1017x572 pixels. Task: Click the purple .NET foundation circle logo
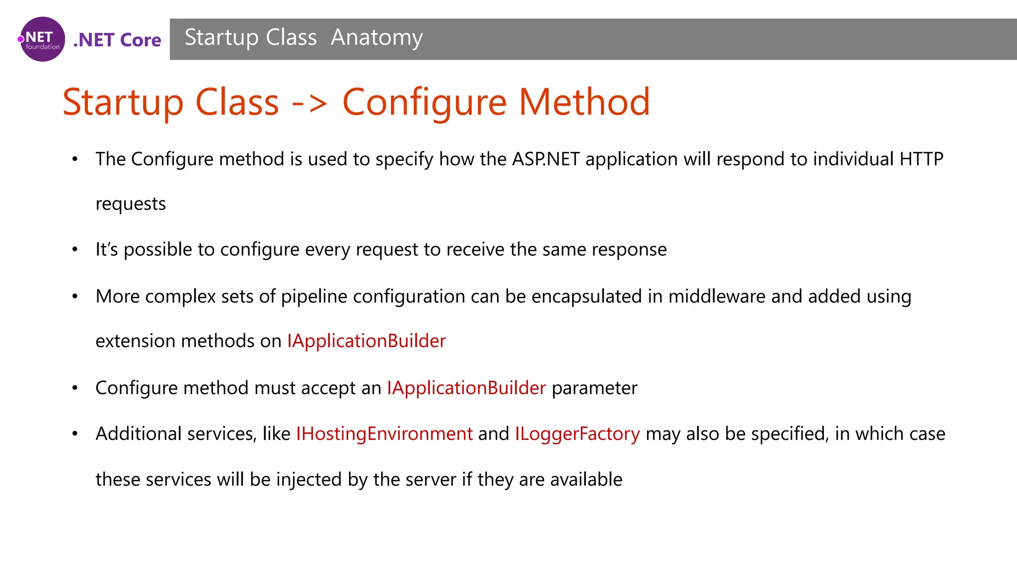(42, 39)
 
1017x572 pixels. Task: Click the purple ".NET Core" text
(117, 40)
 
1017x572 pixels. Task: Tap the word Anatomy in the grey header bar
(376, 38)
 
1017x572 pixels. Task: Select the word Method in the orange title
(584, 102)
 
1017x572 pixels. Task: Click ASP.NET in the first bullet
(545, 159)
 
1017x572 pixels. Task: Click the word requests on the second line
(131, 204)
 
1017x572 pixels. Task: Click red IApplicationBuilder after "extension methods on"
(366, 341)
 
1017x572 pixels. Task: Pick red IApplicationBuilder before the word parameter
(466, 388)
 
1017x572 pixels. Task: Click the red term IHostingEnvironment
(384, 434)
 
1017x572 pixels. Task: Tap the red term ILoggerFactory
(577, 434)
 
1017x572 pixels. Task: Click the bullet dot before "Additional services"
(75, 434)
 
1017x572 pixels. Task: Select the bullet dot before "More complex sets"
(75, 296)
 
